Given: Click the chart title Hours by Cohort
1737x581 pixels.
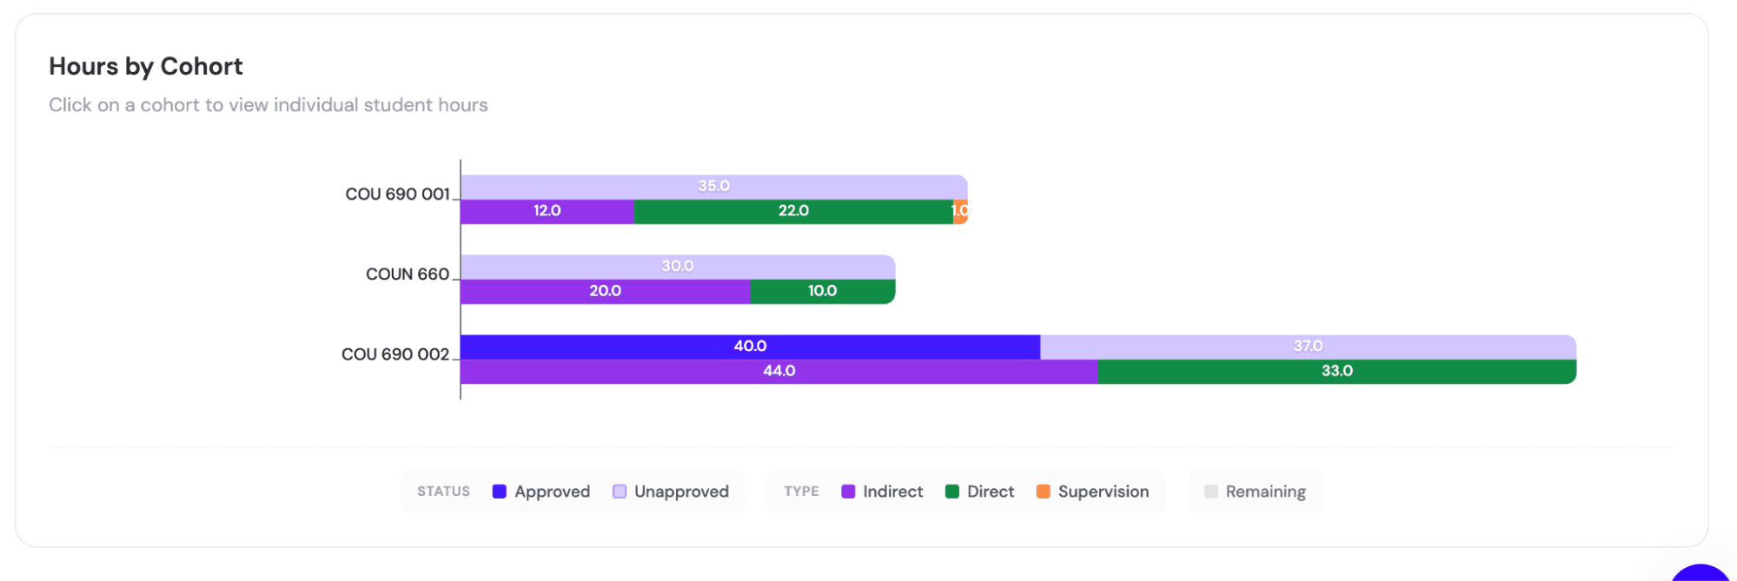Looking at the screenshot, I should click(x=145, y=66).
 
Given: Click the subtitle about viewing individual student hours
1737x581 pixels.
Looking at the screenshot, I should click(x=268, y=105).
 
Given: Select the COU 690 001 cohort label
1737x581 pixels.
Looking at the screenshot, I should click(x=397, y=194).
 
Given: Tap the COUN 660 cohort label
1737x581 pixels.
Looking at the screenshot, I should click(x=407, y=274).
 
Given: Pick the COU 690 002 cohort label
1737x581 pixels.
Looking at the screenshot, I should click(x=395, y=354).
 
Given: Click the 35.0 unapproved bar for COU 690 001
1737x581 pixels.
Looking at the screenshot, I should click(x=713, y=187).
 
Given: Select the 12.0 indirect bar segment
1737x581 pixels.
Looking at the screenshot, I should click(x=547, y=211).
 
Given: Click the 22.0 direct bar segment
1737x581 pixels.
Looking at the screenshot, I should click(x=793, y=211).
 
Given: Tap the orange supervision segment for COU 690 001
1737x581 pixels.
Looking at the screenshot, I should click(x=960, y=211).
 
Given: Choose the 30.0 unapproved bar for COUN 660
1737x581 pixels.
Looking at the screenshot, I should click(x=677, y=267).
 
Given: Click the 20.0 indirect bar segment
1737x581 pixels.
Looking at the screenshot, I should click(x=605, y=291).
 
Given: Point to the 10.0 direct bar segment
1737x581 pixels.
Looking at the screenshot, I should click(x=822, y=291).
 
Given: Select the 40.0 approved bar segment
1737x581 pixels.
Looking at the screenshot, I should click(x=750, y=347).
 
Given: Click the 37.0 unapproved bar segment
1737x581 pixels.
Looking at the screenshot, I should click(x=1308, y=347).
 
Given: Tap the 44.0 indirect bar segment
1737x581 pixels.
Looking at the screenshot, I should click(x=779, y=371).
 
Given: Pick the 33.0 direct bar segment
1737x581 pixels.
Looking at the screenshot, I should click(x=1336, y=371).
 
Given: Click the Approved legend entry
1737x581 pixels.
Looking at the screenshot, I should click(x=541, y=492).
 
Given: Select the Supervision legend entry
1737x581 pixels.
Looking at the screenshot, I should click(x=1092, y=492).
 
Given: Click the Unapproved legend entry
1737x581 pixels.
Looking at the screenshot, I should click(x=671, y=492).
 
